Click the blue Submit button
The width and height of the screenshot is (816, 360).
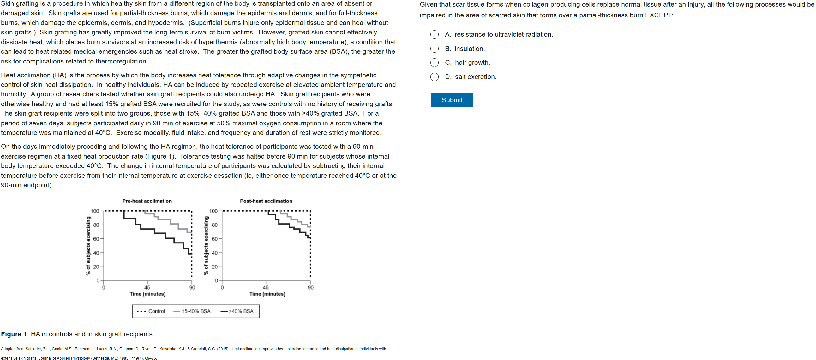point(452,100)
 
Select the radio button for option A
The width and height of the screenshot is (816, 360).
point(434,34)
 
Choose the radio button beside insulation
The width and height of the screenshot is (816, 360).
point(434,49)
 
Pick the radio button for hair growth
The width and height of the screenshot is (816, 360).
point(434,63)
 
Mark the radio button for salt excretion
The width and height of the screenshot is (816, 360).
point(434,77)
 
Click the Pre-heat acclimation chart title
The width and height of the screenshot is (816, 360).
point(147,201)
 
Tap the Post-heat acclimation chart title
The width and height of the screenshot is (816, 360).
point(266,201)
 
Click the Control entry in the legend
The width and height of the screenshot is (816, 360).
point(156,311)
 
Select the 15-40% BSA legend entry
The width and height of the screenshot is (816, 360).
point(195,311)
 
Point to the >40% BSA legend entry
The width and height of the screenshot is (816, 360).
point(241,311)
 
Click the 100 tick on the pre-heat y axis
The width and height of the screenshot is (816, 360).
point(95,211)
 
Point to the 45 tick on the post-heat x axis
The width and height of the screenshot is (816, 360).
point(266,287)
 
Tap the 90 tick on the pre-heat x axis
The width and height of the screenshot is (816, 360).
point(192,287)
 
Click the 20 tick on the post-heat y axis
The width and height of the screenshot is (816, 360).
point(214,267)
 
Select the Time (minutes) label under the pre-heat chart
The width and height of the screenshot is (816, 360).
point(147,294)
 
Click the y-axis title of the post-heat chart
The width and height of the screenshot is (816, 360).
point(206,246)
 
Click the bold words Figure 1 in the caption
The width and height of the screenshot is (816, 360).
point(14,334)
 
